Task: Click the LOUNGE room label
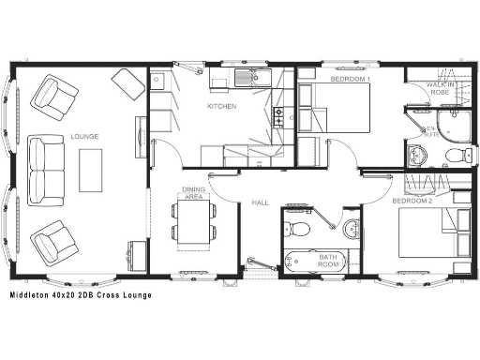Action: click(84, 138)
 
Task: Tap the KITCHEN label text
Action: click(222, 107)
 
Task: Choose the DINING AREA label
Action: click(193, 193)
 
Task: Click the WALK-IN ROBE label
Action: click(440, 89)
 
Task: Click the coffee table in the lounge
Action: click(92, 171)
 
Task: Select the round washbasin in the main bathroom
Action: click(352, 227)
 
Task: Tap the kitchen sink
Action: click(245, 78)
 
